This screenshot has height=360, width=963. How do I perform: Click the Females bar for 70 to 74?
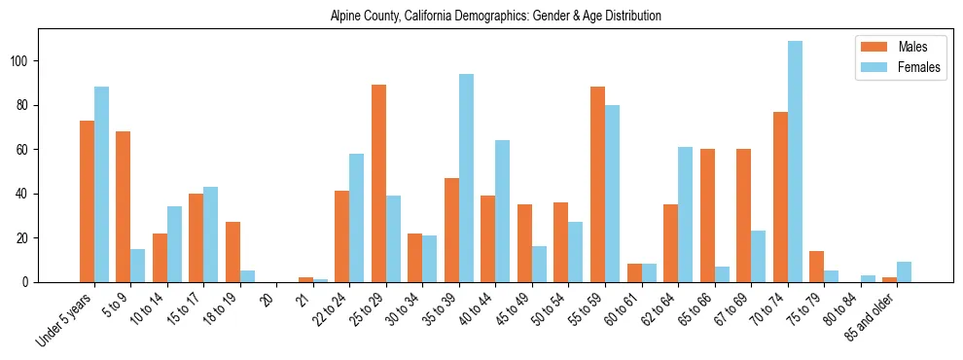[795, 162]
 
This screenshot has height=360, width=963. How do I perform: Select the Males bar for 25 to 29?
[378, 184]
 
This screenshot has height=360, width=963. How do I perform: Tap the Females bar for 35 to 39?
[466, 178]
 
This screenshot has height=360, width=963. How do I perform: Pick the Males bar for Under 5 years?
[87, 201]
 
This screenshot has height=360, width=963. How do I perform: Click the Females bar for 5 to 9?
[137, 266]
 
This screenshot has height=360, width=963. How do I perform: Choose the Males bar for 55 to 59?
[597, 185]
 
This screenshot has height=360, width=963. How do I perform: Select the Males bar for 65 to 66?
[707, 216]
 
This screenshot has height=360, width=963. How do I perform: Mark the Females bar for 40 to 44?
[503, 211]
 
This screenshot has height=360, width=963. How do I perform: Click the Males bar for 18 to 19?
[232, 252]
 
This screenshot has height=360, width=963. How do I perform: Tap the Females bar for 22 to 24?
[357, 218]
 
